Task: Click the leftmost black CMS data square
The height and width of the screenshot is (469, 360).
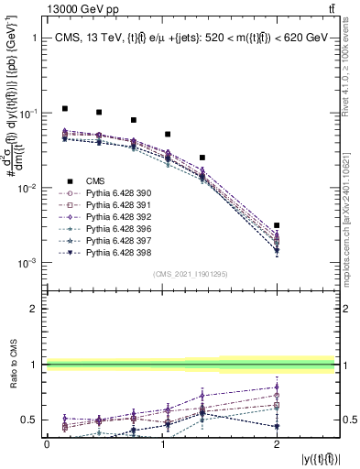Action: point(64,108)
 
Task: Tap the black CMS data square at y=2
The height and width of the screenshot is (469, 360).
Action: point(277,225)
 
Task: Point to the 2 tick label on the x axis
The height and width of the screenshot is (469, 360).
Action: point(277,443)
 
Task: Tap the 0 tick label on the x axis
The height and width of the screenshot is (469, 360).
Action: point(47,443)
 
